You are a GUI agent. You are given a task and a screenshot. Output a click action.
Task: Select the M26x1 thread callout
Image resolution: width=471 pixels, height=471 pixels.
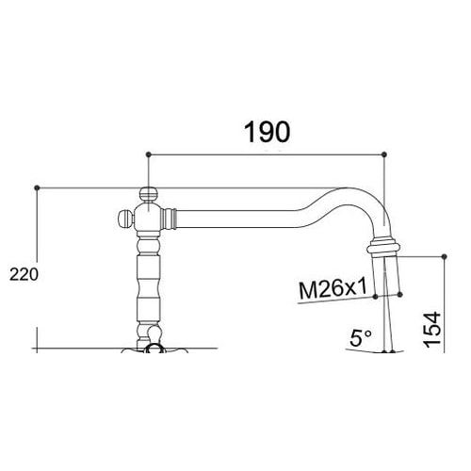(x=332, y=289)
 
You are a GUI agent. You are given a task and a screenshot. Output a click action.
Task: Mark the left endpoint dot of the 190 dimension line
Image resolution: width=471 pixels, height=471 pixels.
(x=147, y=153)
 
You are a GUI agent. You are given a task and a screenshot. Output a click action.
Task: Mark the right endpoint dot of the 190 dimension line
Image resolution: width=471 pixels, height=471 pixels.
(x=384, y=153)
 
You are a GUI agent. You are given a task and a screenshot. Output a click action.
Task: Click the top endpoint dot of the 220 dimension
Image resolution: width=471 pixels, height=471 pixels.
(x=36, y=187)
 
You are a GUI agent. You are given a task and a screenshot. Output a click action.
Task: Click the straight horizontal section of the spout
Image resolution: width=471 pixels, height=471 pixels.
(x=235, y=219)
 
